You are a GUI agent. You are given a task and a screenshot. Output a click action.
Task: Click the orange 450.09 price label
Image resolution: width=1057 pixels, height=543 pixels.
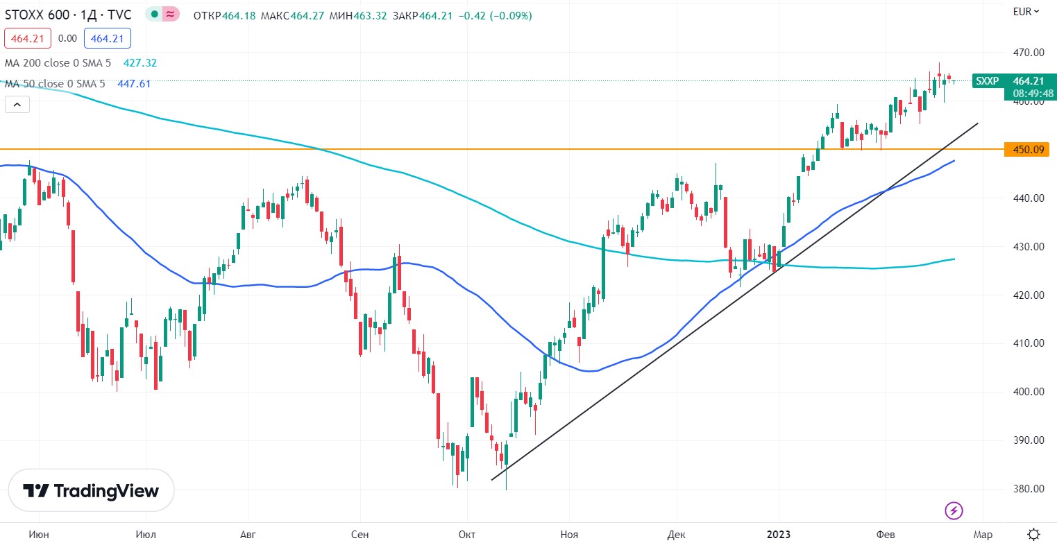(x=1026, y=149)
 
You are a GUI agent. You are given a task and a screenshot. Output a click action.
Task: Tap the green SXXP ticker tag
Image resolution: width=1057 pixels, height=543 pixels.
(x=987, y=81)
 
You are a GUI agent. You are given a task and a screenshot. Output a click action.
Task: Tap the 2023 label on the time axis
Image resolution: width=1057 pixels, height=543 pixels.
(x=778, y=534)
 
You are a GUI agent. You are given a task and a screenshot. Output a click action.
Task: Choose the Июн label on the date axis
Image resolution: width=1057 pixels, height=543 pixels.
(x=39, y=534)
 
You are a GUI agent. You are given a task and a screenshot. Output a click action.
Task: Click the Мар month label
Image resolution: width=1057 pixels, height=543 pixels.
(x=982, y=534)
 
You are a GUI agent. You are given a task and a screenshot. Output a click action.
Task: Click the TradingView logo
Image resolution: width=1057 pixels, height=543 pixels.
(x=91, y=491)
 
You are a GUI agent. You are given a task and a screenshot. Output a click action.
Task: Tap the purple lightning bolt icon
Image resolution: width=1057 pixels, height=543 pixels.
(x=954, y=511)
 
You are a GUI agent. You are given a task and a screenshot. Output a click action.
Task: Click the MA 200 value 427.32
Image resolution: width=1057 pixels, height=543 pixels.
(x=139, y=63)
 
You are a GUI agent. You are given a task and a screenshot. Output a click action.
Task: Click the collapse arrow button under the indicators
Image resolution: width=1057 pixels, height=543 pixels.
(x=17, y=105)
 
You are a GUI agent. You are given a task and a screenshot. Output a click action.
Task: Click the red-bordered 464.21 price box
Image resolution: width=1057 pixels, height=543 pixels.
(x=28, y=39)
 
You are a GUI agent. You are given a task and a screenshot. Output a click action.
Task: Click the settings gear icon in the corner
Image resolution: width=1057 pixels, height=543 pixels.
(x=1033, y=533)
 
